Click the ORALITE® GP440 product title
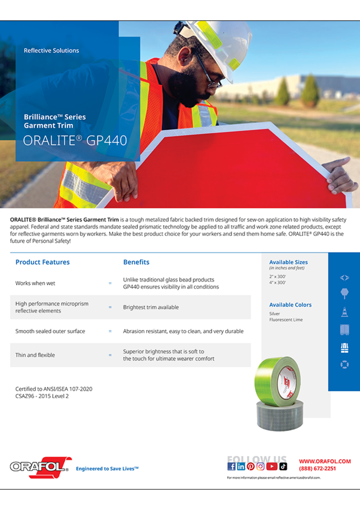pos(75,141)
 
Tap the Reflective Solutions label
pos(51,50)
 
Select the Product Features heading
pos(43,262)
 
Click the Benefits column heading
pos(136,262)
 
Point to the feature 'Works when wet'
pos(35,283)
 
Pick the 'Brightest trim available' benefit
pos(151,307)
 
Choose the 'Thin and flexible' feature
pos(35,355)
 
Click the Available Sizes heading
pos(288,262)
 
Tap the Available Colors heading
pos(290,305)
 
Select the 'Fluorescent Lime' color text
pos(286,320)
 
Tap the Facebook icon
pos(231,466)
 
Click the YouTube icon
pos(272,466)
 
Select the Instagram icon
pos(261,466)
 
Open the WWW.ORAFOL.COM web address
pos(325,461)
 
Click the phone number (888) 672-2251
pos(317,468)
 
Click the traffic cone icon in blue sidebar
pos(344,312)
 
